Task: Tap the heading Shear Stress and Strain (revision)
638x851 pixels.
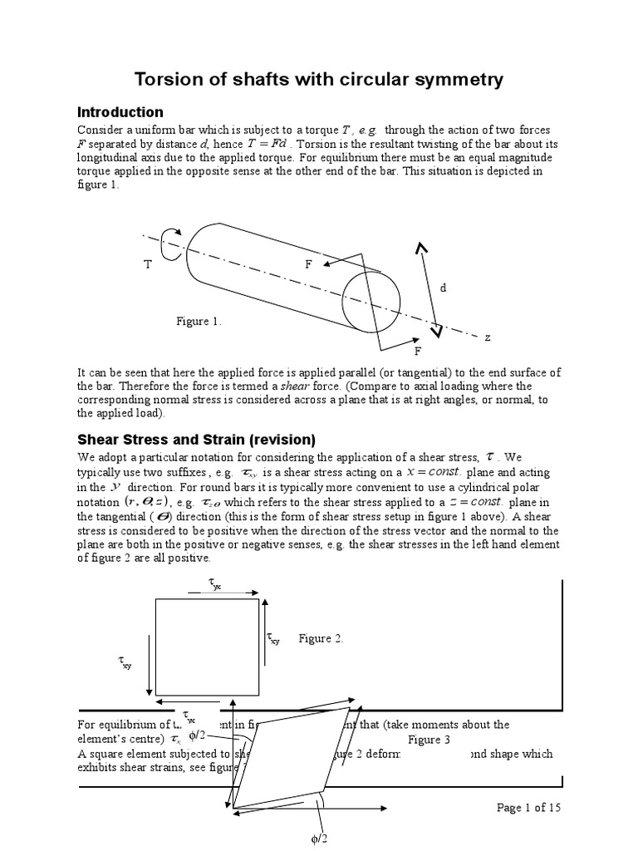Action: tap(196, 439)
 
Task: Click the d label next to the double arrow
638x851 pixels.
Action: tap(444, 287)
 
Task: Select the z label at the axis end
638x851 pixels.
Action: tap(488, 337)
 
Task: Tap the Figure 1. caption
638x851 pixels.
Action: tap(199, 321)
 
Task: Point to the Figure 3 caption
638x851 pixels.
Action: tap(429, 740)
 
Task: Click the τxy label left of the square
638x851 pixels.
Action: tap(125, 662)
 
